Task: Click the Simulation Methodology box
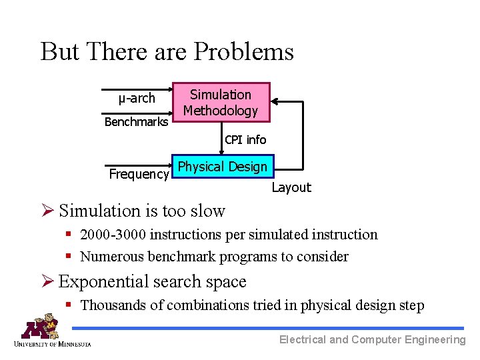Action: tap(221, 103)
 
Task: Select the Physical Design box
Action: tap(223, 167)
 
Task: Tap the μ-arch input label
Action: tap(137, 99)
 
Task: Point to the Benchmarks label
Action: tap(136, 122)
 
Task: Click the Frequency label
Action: tap(139, 175)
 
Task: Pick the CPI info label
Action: tap(245, 140)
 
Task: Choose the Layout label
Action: tap(291, 188)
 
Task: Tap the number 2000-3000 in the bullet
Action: tap(113, 235)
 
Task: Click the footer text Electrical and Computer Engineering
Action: tap(372, 340)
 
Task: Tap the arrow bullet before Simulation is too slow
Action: tap(48, 211)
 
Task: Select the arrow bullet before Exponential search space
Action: tap(48, 282)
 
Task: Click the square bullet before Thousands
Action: tap(69, 305)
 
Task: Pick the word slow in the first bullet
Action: tap(208, 211)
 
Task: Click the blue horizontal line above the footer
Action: tap(267, 328)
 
